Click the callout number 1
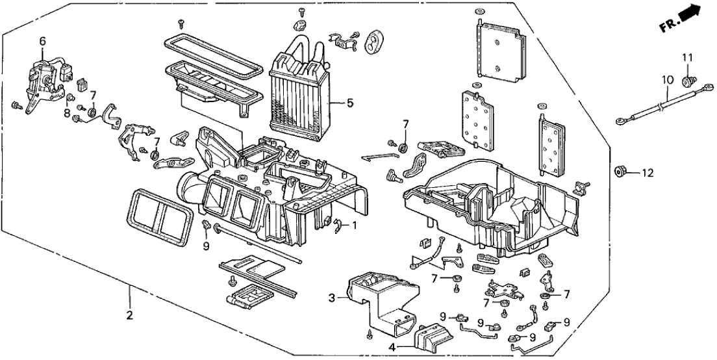[x=355, y=226]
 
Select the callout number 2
[x=129, y=316]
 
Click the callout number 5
[x=350, y=103]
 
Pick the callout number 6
[x=43, y=41]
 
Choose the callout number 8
[x=67, y=113]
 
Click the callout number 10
[x=664, y=79]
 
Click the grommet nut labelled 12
[x=620, y=172]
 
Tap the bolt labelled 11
[x=686, y=81]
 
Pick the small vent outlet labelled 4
[x=429, y=339]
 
